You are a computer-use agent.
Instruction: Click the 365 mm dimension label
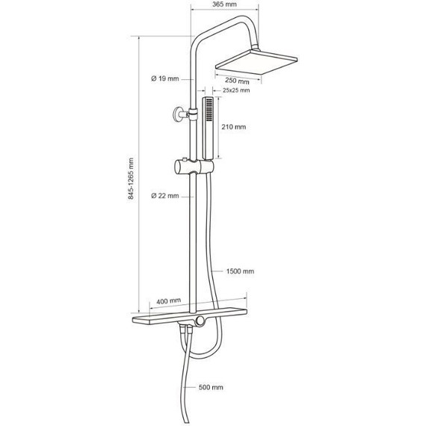click(224, 4)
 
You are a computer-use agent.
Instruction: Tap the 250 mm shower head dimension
click(237, 81)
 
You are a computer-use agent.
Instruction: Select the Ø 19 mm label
click(165, 78)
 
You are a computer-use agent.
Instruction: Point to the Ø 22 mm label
click(165, 196)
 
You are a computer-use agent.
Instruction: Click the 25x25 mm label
click(236, 90)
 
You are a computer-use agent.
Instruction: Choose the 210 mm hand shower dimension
click(234, 127)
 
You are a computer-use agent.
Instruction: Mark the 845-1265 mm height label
click(131, 179)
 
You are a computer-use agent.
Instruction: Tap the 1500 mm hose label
click(240, 271)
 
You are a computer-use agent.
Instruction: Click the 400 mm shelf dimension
click(168, 301)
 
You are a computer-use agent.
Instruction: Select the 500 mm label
click(211, 387)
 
